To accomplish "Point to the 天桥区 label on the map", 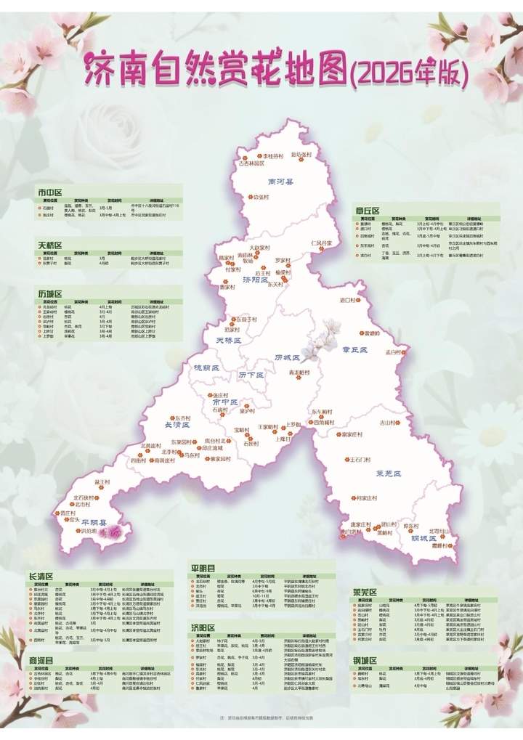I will (227, 339).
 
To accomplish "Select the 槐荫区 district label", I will (206, 368).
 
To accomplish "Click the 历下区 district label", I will (251, 374).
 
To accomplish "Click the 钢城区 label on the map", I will (422, 539).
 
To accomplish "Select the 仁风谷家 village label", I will (320, 243).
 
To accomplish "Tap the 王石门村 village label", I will (364, 459).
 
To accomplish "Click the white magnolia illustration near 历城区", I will (317, 346).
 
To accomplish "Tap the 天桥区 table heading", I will (51, 245).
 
